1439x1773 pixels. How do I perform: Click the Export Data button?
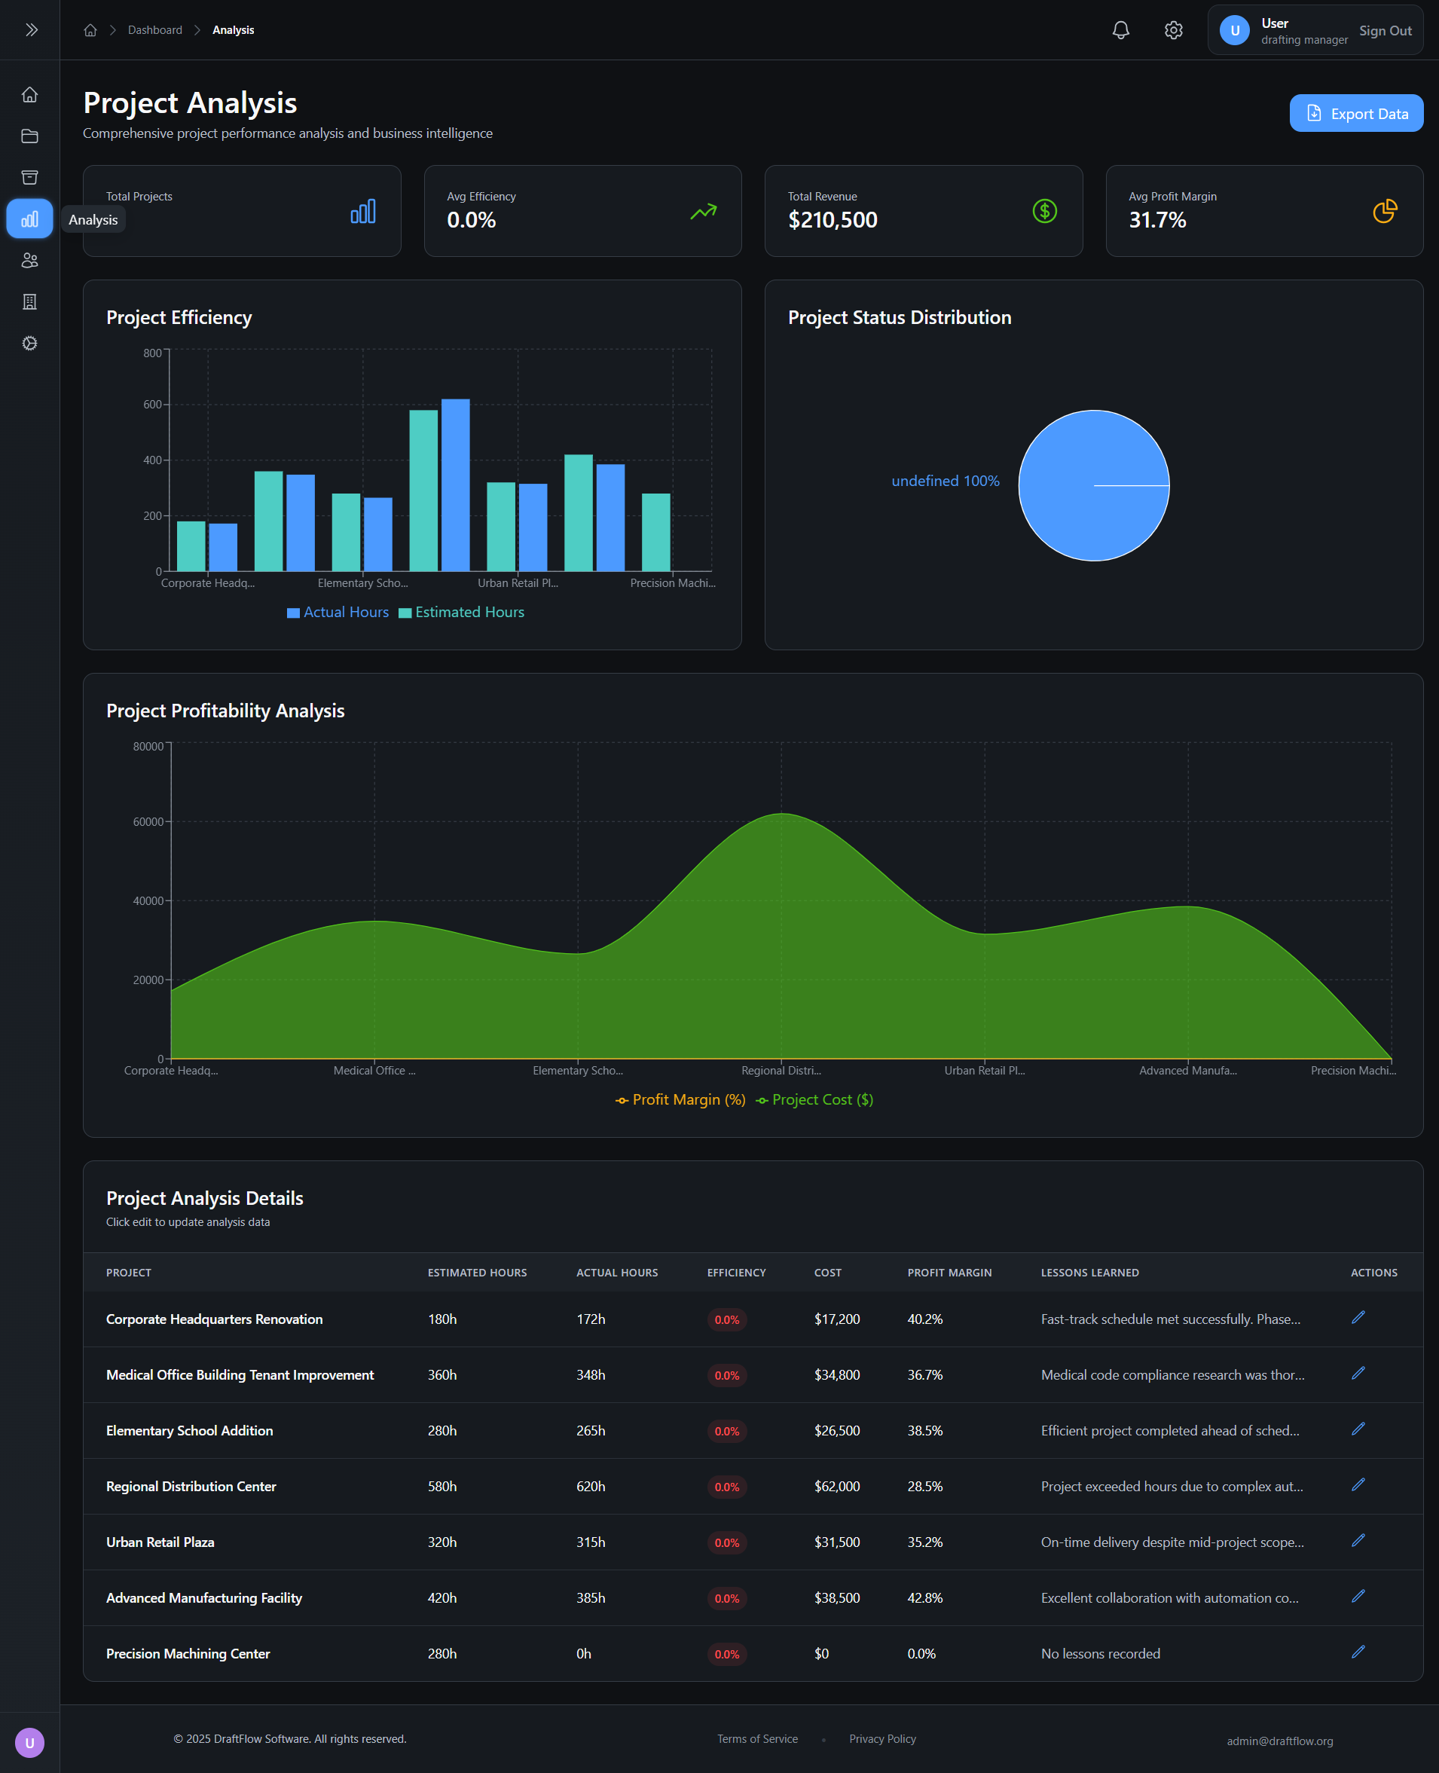click(x=1355, y=114)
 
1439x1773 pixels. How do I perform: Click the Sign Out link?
click(x=1384, y=31)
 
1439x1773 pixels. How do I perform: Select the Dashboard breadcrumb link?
click(x=155, y=30)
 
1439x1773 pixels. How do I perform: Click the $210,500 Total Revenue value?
click(x=833, y=220)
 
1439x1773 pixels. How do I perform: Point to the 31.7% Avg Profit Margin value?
click(x=1156, y=220)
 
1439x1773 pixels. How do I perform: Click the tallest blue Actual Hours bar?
click(x=455, y=485)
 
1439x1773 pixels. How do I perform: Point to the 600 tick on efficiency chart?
click(x=152, y=405)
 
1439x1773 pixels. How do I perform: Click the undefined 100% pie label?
click(x=945, y=481)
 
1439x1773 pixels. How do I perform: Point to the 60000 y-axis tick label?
click(x=148, y=821)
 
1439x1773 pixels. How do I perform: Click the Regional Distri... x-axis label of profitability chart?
click(x=781, y=1070)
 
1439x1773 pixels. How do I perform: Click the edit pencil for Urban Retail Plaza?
click(x=1357, y=1540)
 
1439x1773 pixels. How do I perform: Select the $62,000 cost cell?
click(x=836, y=1486)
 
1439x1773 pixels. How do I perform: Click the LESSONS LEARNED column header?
click(x=1089, y=1273)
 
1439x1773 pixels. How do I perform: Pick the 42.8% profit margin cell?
click(x=924, y=1597)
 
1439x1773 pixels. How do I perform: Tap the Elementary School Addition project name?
click(x=189, y=1431)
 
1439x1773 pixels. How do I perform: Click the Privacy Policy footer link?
click(x=882, y=1738)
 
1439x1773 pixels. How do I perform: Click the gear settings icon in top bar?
click(x=1173, y=31)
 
